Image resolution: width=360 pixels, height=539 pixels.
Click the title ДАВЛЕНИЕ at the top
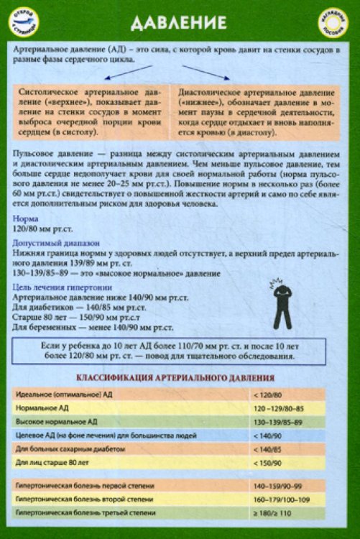pyautogui.click(x=180, y=23)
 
